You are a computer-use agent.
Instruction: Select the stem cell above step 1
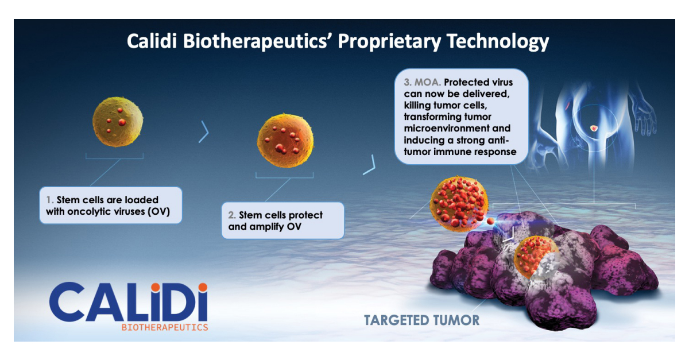coord(118,122)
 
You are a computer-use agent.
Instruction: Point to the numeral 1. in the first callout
coord(50,200)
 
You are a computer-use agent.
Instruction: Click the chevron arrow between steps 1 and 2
coord(203,133)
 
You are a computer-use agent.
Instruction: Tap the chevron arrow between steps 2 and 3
coord(370,165)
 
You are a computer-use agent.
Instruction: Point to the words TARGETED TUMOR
coord(421,320)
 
